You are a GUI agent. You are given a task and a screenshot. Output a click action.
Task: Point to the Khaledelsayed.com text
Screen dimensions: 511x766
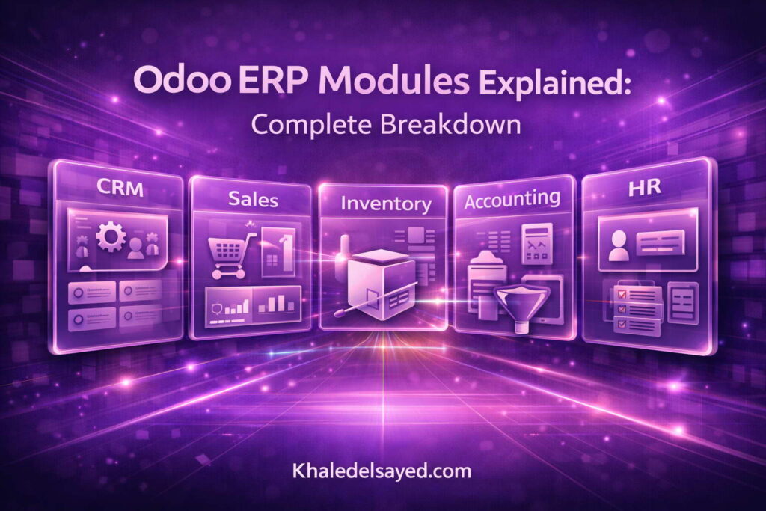(x=382, y=471)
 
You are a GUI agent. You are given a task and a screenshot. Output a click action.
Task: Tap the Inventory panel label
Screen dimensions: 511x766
(x=385, y=203)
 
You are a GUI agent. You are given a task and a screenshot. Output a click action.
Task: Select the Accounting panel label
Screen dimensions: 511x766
(x=512, y=199)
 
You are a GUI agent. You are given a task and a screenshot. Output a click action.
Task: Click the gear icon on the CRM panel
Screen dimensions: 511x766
(x=111, y=239)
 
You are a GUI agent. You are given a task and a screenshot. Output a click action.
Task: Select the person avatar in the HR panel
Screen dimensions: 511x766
(x=619, y=245)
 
